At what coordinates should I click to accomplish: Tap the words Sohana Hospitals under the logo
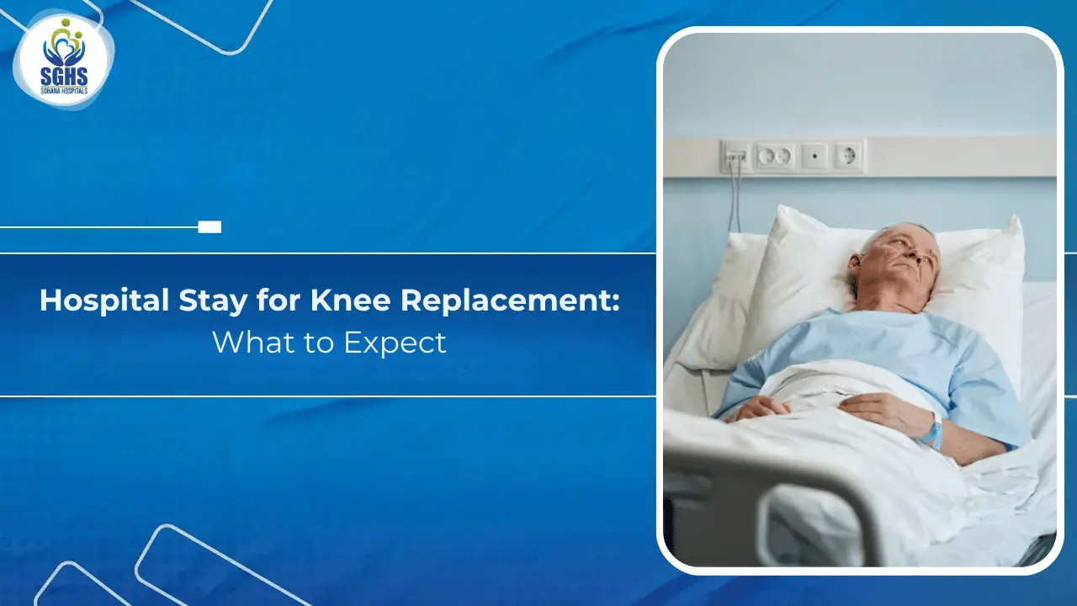pos(63,90)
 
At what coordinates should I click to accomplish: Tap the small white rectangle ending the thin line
pos(210,226)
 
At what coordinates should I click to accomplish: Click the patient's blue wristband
pos(931,433)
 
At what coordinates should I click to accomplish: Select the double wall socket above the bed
pos(775,156)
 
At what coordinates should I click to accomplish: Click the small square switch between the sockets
pos(814,156)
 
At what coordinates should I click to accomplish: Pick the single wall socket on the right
pos(847,156)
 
